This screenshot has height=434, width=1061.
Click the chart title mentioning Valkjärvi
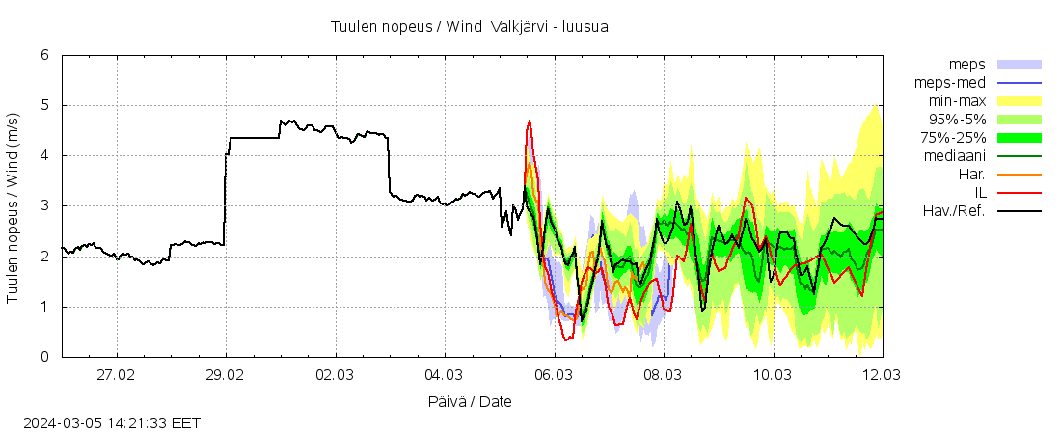click(x=469, y=26)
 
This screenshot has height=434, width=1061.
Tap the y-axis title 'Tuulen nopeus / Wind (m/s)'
click(x=14, y=206)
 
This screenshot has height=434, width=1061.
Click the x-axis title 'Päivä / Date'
click(x=471, y=401)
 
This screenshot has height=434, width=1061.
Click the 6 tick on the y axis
click(x=44, y=55)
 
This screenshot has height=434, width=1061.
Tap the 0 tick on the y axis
click(x=44, y=357)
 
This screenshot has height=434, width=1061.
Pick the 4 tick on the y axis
click(x=44, y=155)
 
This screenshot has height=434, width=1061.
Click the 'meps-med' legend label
click(x=949, y=83)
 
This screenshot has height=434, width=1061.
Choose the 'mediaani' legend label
click(x=954, y=156)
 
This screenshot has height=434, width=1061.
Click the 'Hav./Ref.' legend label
click(x=953, y=211)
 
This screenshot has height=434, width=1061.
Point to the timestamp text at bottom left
click(x=112, y=422)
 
